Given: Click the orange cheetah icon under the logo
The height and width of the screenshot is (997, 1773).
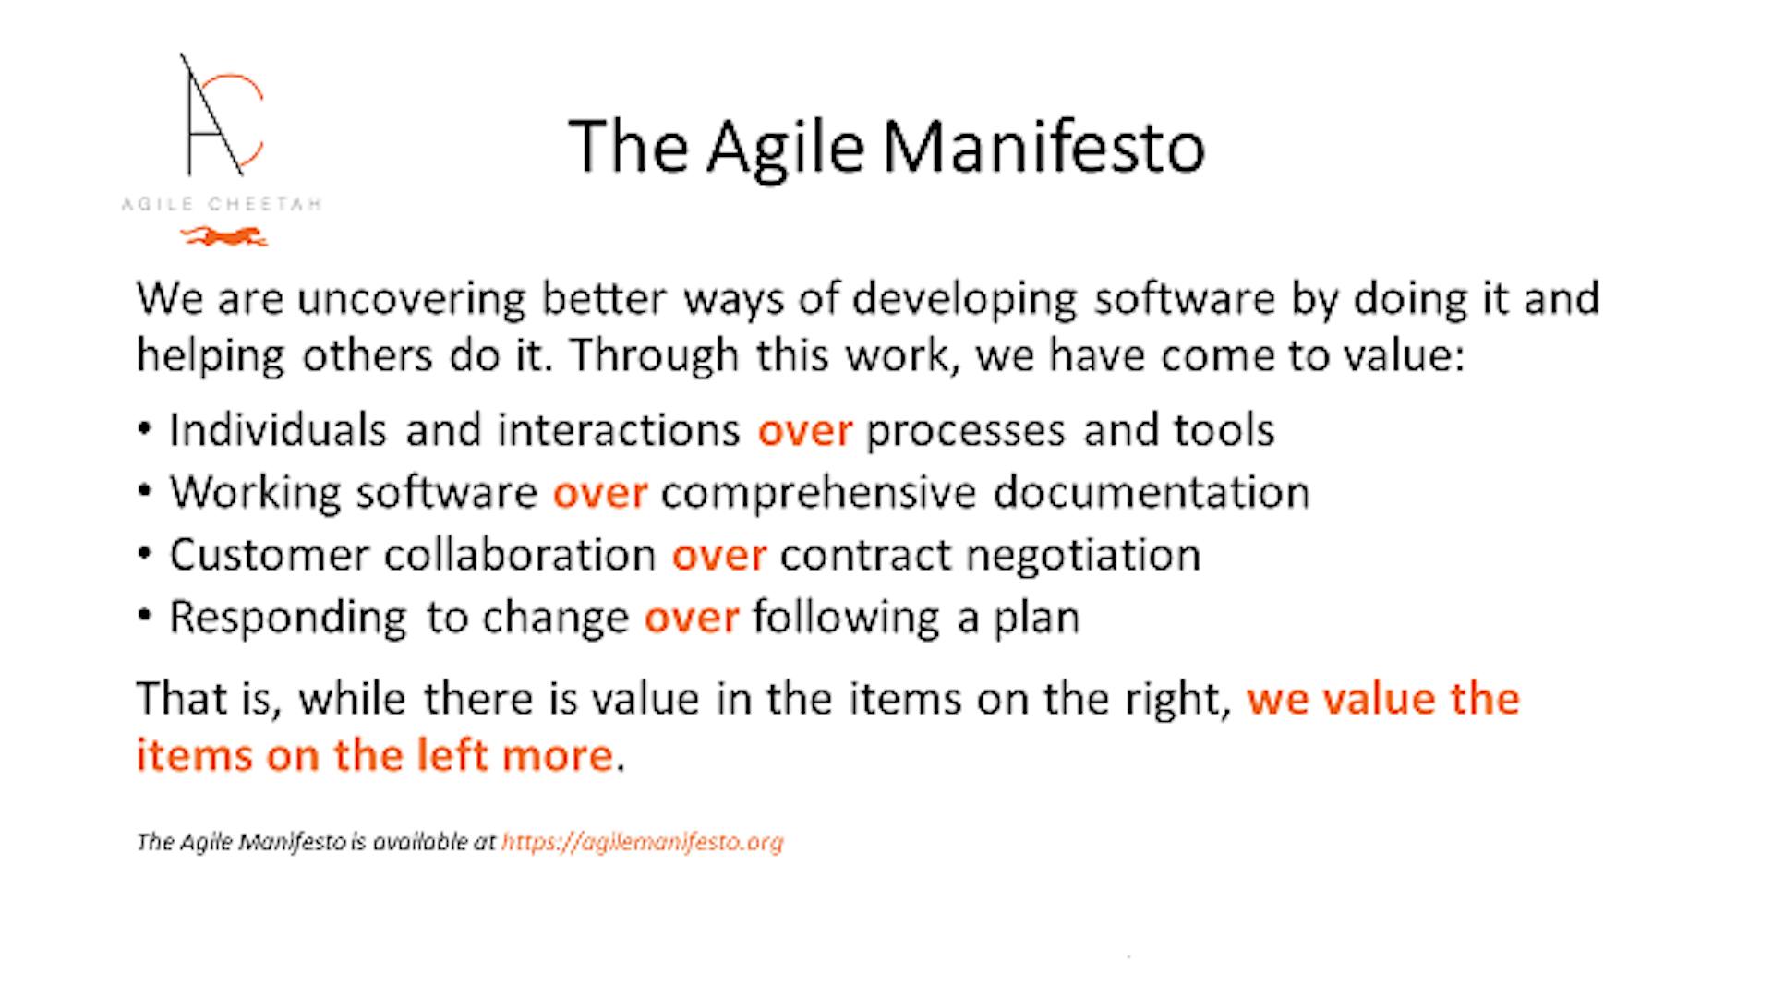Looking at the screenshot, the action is click(x=224, y=237).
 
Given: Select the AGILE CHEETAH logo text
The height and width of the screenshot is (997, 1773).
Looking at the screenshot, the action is click(x=222, y=204).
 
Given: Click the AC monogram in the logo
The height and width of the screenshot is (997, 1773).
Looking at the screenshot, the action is click(x=222, y=114).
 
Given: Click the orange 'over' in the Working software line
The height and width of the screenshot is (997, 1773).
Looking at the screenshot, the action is click(x=599, y=494).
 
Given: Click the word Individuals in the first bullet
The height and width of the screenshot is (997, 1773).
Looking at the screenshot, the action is click(x=278, y=430).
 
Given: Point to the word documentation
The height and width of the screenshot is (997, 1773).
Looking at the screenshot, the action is click(x=1152, y=492).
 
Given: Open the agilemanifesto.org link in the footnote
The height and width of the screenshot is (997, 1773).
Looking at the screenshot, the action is click(x=642, y=842).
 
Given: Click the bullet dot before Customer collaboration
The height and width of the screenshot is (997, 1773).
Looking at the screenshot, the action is click(x=144, y=555).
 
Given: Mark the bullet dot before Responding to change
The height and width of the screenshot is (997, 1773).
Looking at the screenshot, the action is click(x=144, y=617).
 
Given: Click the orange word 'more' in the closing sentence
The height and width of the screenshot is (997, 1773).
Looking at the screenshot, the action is click(x=558, y=756).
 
